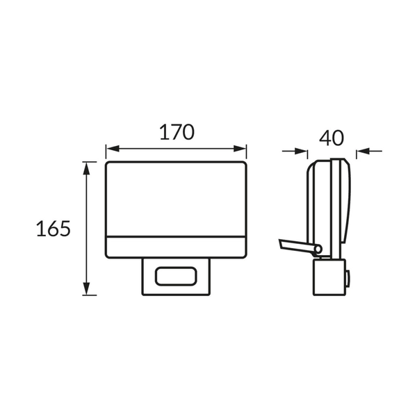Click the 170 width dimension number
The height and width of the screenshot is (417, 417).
[177, 132]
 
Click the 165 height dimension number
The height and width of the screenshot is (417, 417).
[54, 229]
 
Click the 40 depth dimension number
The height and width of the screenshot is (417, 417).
[332, 138]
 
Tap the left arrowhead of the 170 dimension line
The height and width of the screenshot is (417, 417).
[113, 149]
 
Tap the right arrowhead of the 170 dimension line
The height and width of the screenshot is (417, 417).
[240, 149]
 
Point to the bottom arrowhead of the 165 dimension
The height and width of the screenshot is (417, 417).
[86, 288]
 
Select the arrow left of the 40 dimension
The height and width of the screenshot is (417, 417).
[295, 152]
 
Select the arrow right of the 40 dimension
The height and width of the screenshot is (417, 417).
[370, 152]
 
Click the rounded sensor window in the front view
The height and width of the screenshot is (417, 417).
[176, 277]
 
